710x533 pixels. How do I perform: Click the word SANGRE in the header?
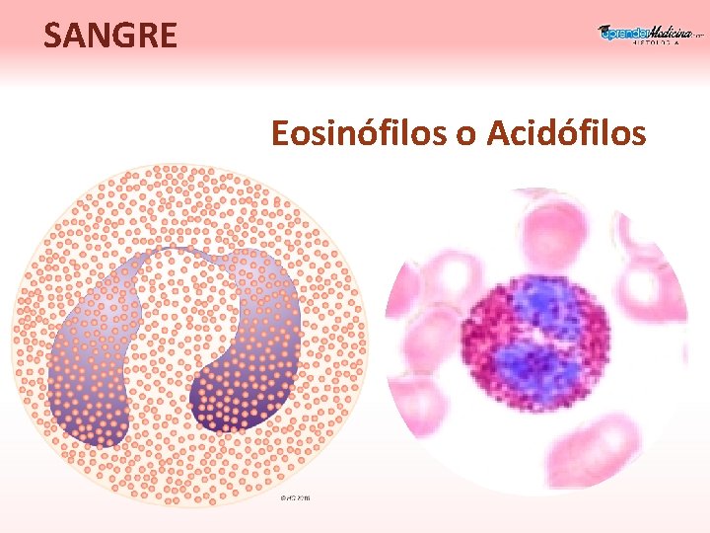pyautogui.click(x=110, y=36)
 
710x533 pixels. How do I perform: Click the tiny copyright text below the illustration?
pyautogui.click(x=295, y=497)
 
